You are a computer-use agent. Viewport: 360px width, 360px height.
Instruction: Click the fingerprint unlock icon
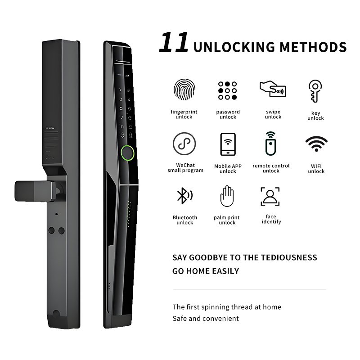[x=184, y=89]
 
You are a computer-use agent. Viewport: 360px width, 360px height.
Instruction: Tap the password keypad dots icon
[x=227, y=90]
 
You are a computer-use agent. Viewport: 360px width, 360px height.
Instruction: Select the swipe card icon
[x=273, y=89]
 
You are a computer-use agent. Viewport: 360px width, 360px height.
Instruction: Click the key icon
[x=315, y=91]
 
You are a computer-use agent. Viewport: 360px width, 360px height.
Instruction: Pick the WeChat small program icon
[x=184, y=144]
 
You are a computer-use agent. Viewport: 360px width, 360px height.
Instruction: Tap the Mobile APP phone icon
[x=228, y=144]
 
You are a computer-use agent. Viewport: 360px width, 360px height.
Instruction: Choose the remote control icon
[x=271, y=144]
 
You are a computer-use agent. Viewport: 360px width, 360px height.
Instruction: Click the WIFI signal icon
[x=316, y=144]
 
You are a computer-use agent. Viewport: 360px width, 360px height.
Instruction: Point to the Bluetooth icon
[x=184, y=196]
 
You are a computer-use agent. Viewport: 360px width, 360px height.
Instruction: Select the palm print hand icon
[x=227, y=196]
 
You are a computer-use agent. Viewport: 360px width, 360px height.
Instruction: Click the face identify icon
[x=270, y=196]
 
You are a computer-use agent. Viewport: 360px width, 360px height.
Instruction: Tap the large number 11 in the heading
[x=174, y=42]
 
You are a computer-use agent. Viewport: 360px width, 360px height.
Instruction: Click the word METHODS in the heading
[x=313, y=47]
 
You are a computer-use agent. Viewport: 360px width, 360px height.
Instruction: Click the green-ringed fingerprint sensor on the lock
[x=128, y=153]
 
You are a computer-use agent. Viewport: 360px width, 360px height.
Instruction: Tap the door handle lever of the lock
[x=36, y=191]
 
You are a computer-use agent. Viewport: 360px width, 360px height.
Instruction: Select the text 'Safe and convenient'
[x=206, y=319]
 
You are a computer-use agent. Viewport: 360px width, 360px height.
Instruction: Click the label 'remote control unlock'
[x=271, y=168]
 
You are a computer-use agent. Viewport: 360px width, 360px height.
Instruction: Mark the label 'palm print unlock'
[x=227, y=220]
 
